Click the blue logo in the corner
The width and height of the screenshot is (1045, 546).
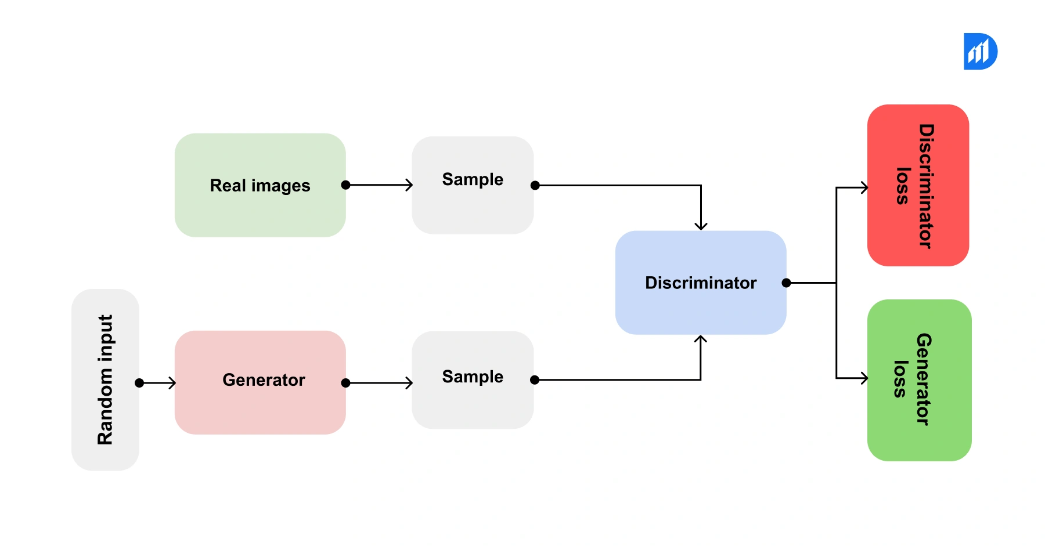click(980, 52)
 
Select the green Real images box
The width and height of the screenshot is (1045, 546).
click(260, 185)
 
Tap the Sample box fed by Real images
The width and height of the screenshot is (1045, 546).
click(473, 185)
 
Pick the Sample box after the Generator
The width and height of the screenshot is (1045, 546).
click(473, 380)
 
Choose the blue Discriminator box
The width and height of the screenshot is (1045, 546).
click(701, 283)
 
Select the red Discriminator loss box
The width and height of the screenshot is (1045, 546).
click(918, 185)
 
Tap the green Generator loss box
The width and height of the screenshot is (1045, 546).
click(919, 380)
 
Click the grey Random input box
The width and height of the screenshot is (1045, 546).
click(105, 380)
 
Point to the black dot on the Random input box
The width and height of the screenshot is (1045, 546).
click(139, 383)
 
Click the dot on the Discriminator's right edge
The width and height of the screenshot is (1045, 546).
click(786, 283)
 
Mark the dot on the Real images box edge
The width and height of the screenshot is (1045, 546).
click(346, 185)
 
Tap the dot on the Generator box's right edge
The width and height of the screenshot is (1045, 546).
click(346, 383)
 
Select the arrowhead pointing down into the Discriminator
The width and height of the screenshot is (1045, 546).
click(701, 226)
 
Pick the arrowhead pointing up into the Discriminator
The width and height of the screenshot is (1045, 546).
click(701, 339)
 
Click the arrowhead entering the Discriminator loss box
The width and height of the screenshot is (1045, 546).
click(864, 187)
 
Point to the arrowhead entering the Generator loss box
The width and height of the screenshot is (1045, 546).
click(864, 378)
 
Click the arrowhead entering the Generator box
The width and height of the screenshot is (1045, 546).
click(172, 383)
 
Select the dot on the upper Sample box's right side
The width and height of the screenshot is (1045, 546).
click(535, 186)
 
